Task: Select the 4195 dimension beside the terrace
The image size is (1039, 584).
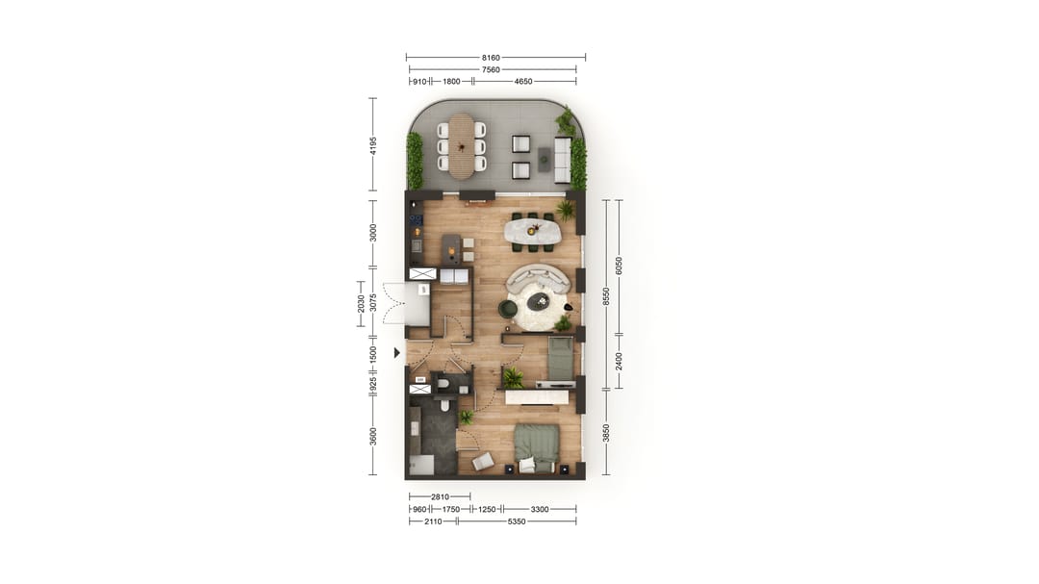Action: pos(373,145)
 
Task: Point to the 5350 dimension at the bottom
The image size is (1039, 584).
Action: pos(517,521)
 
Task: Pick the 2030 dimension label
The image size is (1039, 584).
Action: pos(362,304)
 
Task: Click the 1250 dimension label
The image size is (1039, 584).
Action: pos(487,509)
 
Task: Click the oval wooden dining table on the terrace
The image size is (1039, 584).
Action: pos(462,145)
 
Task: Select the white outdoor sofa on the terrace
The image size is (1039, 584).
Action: pos(563,159)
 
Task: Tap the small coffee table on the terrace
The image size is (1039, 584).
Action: pos(544,159)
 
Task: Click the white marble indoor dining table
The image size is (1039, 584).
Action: pos(533,231)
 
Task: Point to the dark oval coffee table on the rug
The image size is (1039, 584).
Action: pos(538,302)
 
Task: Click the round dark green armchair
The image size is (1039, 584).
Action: pos(507,308)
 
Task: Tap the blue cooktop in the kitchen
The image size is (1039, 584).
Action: pos(416,219)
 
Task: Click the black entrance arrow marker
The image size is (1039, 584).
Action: pos(397,353)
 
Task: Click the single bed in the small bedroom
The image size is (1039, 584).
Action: pos(561,359)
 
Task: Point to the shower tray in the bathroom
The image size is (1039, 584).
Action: pos(420,465)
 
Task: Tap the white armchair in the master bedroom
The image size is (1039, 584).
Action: pos(483,461)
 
